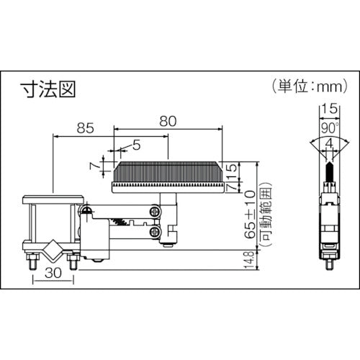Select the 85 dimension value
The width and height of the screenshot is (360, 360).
84,128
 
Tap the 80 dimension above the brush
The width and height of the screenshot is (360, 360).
167,122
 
